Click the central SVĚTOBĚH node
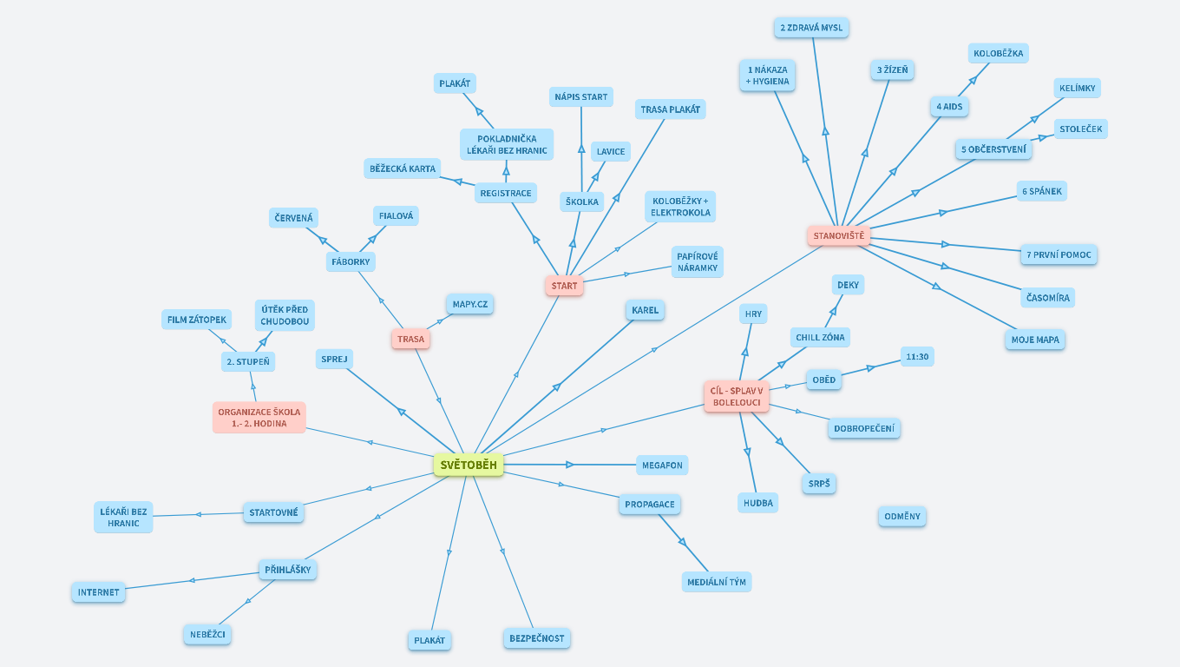469,465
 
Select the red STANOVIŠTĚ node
838,235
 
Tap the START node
564,286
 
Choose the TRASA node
410,339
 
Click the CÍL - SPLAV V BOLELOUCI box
737,396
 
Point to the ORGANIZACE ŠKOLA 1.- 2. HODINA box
259,417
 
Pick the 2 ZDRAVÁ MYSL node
811,28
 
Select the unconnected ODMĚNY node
901,516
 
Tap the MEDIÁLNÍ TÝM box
716,581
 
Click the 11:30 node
916,356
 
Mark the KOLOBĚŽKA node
998,53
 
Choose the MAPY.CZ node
470,304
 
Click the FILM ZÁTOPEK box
197,320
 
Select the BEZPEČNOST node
536,638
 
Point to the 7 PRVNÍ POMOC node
1059,254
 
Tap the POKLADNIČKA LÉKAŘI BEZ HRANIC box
507,144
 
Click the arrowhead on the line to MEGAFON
570,465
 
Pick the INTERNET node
98,592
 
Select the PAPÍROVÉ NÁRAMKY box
697,261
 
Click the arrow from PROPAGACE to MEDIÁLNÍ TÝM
682,541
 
